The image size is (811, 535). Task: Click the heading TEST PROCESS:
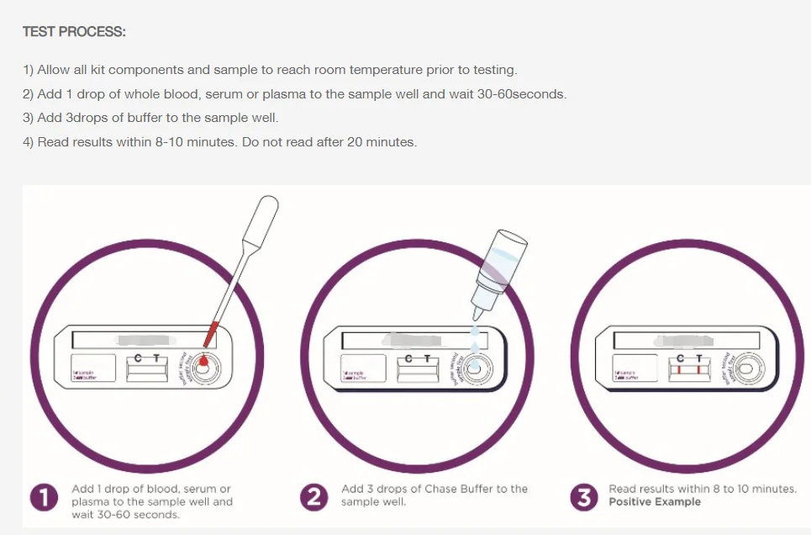click(74, 32)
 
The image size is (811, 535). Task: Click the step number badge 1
click(45, 498)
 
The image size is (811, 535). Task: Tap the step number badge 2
click(314, 498)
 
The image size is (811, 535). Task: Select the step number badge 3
click(583, 498)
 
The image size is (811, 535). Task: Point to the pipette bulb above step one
click(266, 209)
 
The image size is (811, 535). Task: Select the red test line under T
click(698, 370)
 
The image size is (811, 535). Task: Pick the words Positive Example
click(654, 502)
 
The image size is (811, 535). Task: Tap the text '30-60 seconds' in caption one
click(126, 515)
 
